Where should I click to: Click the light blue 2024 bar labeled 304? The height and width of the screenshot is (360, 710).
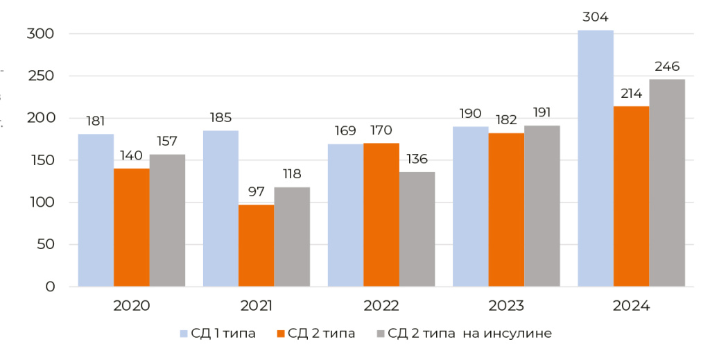point(596,158)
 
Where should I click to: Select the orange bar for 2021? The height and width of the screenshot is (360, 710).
point(256,246)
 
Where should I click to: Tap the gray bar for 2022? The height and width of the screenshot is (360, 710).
point(417,229)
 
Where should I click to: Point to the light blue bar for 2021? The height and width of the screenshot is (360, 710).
point(220,208)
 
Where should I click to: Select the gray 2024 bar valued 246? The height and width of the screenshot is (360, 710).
point(667,182)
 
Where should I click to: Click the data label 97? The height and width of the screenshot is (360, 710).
point(256,192)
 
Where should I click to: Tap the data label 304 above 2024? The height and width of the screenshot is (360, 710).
point(596,17)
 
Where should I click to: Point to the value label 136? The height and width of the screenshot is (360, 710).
point(417,159)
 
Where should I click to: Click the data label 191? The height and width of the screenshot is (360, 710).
point(542,112)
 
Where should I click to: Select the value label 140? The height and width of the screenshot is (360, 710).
point(132,155)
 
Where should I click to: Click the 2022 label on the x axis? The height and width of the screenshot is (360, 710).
point(381,306)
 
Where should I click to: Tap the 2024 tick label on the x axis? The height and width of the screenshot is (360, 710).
point(631,306)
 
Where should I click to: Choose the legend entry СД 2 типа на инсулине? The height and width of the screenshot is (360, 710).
point(469,334)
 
